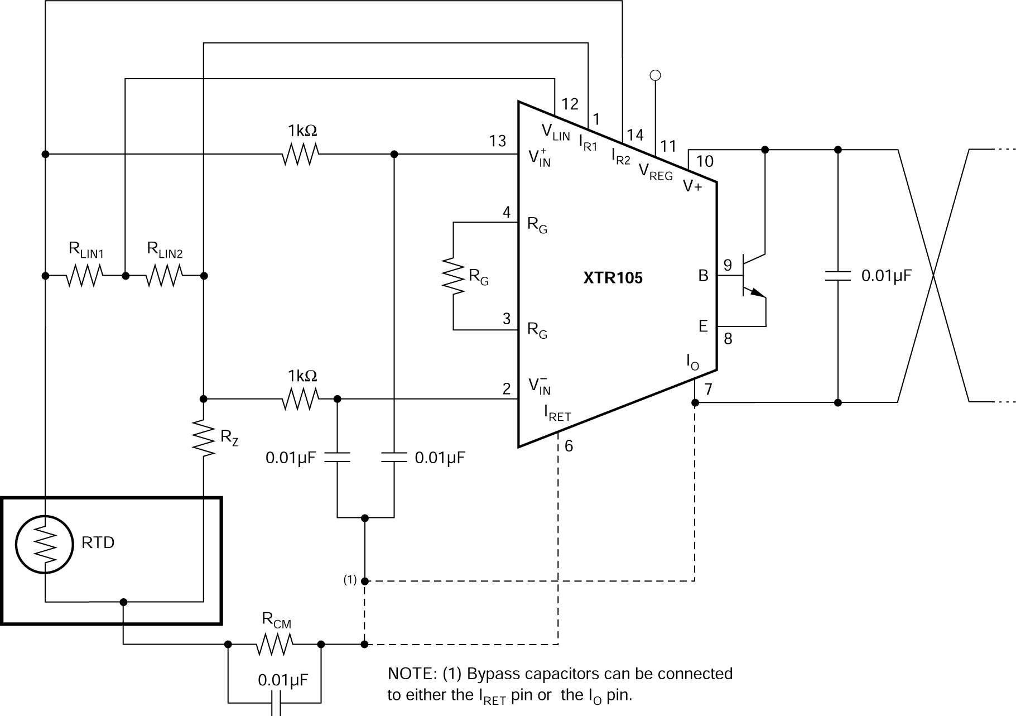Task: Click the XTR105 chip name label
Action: pos(613,278)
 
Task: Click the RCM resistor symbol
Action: pos(274,645)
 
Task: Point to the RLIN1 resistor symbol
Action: pos(85,276)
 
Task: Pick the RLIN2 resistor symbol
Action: pos(164,276)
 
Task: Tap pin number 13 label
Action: pos(498,141)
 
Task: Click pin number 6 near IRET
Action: pos(569,445)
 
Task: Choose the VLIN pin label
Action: pos(556,132)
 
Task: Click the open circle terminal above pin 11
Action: pos(656,75)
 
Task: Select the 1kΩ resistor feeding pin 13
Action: pos(300,153)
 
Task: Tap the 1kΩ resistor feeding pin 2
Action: pos(300,399)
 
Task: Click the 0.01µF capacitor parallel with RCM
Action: pos(274,703)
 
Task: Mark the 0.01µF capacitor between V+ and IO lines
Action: pos(837,276)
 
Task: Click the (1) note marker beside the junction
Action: pos(350,580)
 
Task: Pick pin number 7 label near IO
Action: pos(708,389)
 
